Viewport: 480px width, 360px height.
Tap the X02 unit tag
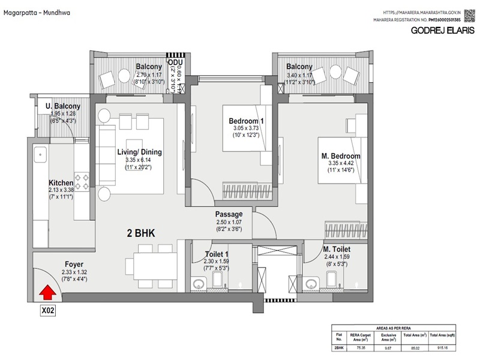48,311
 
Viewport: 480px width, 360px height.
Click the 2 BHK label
141,233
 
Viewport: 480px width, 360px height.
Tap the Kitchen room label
61,183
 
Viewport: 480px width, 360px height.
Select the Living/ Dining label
140,152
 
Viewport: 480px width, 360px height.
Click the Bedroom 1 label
246,121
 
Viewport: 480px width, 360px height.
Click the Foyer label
74,263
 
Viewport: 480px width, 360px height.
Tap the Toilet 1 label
217,254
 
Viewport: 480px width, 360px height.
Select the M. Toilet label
337,249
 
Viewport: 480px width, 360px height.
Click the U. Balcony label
63,107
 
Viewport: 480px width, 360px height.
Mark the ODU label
175,62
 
